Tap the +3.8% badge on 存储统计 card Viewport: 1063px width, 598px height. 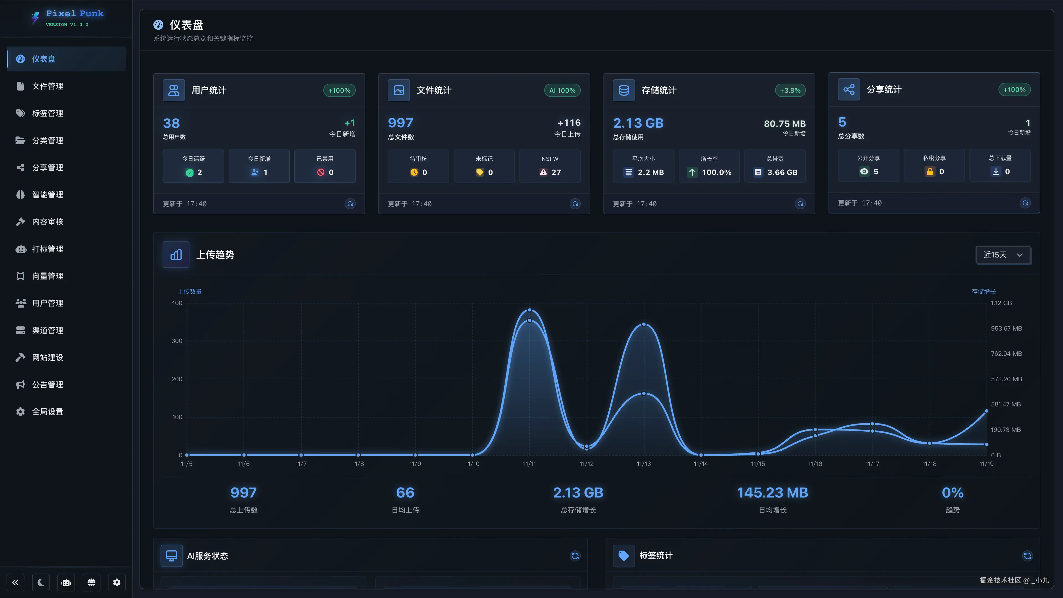click(x=790, y=90)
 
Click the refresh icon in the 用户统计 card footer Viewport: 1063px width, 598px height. click(x=350, y=204)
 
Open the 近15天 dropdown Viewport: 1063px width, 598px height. click(x=1003, y=255)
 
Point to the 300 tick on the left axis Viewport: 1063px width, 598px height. click(x=177, y=341)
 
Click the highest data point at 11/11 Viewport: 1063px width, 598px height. click(x=530, y=310)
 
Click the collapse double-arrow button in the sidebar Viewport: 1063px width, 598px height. click(x=15, y=582)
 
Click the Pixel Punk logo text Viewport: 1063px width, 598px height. click(x=75, y=14)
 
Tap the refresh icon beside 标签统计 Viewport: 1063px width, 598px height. click(x=1027, y=556)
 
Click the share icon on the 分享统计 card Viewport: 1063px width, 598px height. click(x=848, y=89)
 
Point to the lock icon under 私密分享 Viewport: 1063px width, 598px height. click(x=930, y=172)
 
